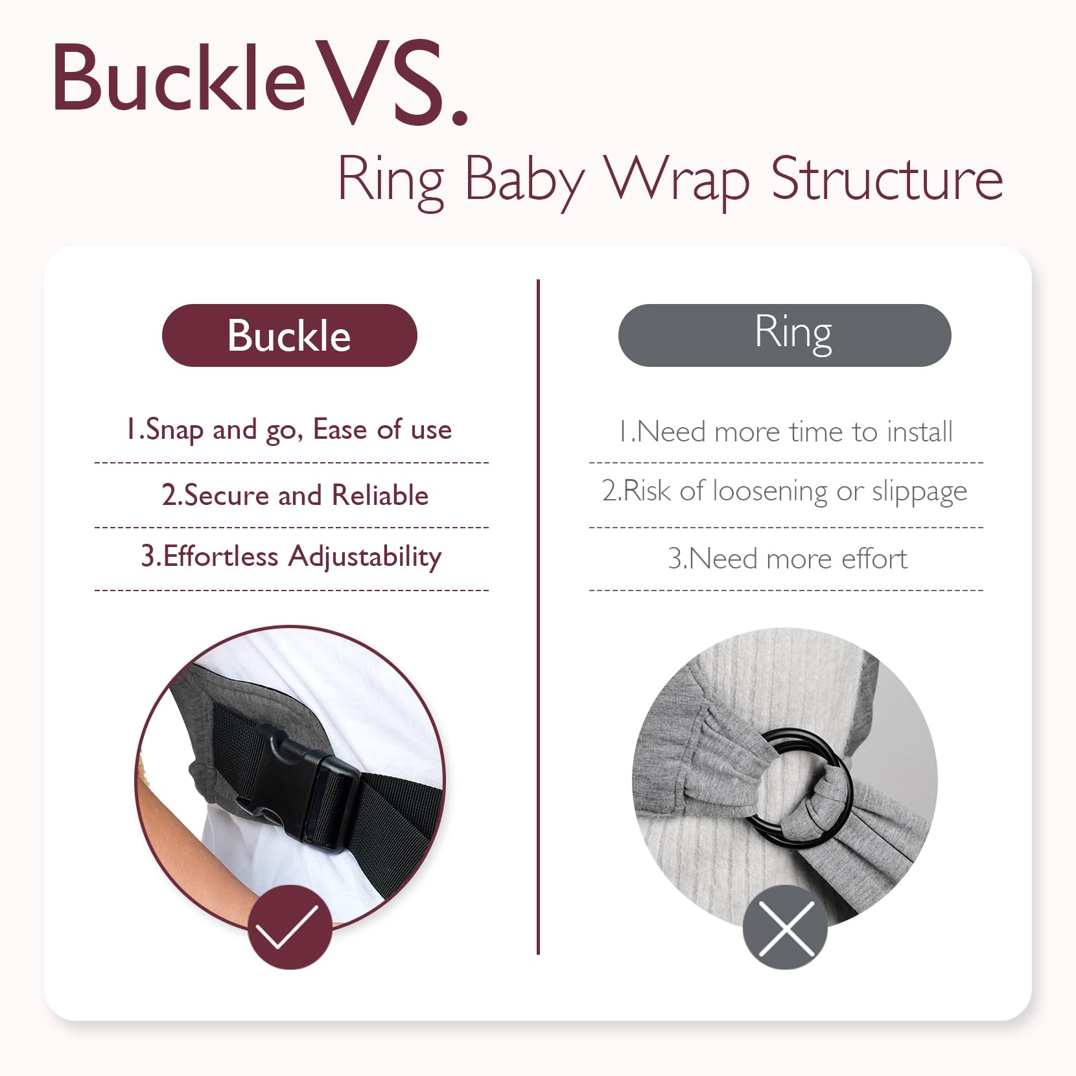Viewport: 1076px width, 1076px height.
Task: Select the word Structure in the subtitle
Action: pyautogui.click(x=887, y=178)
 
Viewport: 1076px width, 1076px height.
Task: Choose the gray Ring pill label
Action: pyautogui.click(x=784, y=335)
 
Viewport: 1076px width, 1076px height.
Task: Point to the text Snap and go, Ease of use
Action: pyautogui.click(x=289, y=430)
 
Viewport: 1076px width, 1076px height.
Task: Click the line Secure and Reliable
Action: pyautogui.click(x=296, y=495)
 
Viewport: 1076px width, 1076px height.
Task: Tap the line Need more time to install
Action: pyautogui.click(x=786, y=432)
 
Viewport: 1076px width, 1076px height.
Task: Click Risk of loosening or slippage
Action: pyautogui.click(x=784, y=492)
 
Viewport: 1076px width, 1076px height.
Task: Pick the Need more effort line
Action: pyautogui.click(x=788, y=559)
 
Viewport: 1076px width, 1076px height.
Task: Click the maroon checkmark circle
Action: pyautogui.click(x=290, y=927)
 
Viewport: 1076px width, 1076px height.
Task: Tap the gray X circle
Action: pyautogui.click(x=785, y=927)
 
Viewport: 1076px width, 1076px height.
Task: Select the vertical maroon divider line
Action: pyautogui.click(x=538, y=616)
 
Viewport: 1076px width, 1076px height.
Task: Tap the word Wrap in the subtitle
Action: pyautogui.click(x=677, y=183)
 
